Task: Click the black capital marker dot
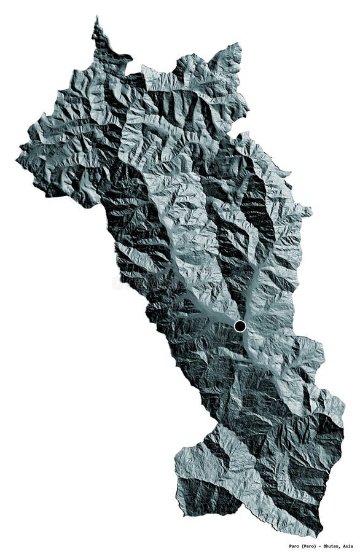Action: [240, 325]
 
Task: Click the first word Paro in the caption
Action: [295, 545]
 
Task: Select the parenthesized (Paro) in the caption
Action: [311, 545]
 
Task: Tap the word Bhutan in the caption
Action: [332, 545]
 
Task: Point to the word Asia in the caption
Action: [348, 545]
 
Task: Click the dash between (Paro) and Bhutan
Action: [321, 545]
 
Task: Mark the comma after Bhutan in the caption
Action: [341, 546]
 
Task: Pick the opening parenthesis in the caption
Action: [304, 545]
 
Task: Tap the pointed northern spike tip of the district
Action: [96, 18]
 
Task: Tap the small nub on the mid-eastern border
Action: [311, 212]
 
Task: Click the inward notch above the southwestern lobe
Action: [216, 424]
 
